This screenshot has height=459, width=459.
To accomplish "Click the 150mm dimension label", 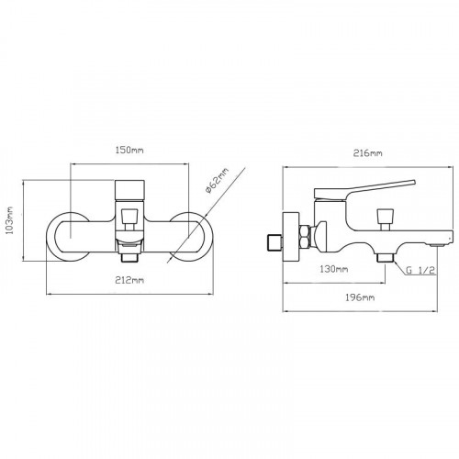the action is (x=129, y=151).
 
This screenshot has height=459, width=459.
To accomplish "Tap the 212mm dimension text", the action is (x=129, y=280).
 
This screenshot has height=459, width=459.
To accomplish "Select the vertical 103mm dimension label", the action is (x=10, y=220).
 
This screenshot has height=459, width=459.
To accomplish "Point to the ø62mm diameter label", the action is (x=217, y=182).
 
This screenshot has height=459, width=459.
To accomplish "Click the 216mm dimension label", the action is (x=367, y=153).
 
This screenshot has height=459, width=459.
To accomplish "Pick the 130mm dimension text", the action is (x=334, y=269).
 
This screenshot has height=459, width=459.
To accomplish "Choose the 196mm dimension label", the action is (x=360, y=297).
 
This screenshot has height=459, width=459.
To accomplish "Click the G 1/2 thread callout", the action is (x=420, y=270).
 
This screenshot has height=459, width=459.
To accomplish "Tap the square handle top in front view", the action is (x=129, y=190).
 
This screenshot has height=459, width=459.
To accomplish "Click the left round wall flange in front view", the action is (x=49, y=237).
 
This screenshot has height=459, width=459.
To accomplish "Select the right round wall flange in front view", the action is (x=209, y=237).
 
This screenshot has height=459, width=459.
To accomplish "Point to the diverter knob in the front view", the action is (x=129, y=216).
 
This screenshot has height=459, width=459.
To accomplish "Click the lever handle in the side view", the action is (x=364, y=190).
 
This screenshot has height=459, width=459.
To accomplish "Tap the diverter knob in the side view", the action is (x=385, y=216).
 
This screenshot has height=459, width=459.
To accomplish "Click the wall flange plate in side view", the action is (x=291, y=237).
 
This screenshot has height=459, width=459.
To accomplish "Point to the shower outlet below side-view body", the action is (x=385, y=258).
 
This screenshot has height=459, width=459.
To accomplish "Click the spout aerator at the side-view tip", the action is (x=438, y=244).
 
